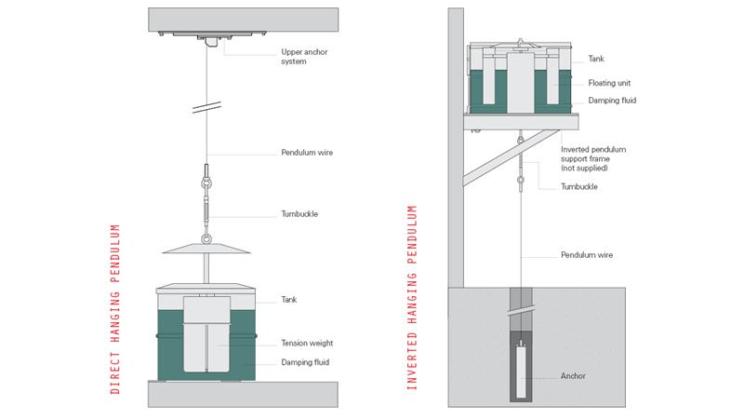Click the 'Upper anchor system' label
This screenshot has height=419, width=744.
coord(304,57)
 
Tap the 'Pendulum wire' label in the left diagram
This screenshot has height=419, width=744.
coord(307,153)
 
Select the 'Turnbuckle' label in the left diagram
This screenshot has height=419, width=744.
coord(299,214)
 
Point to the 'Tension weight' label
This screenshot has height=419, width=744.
coord(307,343)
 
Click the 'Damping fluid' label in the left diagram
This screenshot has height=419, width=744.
coord(305,362)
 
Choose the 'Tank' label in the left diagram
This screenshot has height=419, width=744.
coord(289,299)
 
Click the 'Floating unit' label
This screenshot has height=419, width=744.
coord(609,83)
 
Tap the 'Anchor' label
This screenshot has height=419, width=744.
coord(573,376)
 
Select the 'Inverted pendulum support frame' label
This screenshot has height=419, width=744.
coord(593,158)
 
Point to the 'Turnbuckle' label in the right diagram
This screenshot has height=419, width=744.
coord(578,187)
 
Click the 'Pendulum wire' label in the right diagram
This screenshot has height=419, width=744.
coord(587,255)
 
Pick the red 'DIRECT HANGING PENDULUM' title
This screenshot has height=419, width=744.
coord(114,309)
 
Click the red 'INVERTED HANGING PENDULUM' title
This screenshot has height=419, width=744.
coord(412,297)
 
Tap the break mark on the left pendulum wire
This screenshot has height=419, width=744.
coord(206,107)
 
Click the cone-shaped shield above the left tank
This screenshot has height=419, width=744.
coord(206,249)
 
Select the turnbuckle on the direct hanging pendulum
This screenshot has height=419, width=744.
coord(206,204)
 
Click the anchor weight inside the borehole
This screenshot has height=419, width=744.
coord(521,370)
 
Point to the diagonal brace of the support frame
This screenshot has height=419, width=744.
coord(511,157)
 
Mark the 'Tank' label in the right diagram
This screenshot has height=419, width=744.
coord(596,59)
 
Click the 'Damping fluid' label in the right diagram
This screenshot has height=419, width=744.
coord(612,101)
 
